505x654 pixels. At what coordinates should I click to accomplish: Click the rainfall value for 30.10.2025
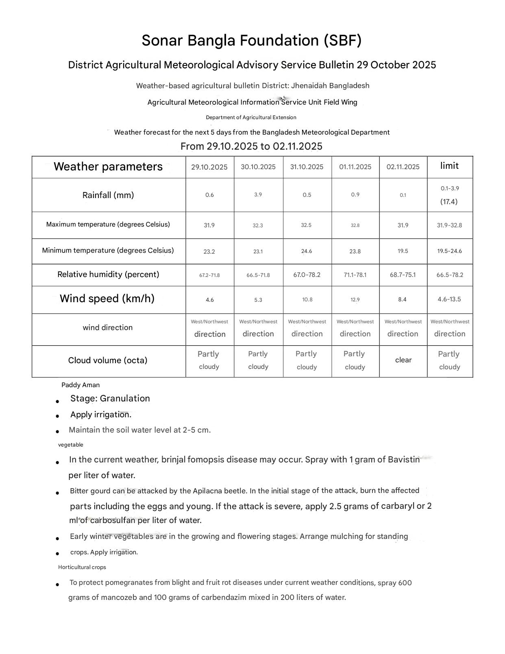click(x=258, y=195)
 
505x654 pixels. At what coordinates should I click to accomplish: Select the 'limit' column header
click(x=449, y=166)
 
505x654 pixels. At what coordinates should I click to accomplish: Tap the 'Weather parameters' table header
click(x=108, y=167)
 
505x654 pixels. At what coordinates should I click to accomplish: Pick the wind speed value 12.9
click(x=355, y=300)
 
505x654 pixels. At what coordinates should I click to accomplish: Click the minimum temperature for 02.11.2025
click(x=403, y=251)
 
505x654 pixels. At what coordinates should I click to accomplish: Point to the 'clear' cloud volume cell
click(x=403, y=360)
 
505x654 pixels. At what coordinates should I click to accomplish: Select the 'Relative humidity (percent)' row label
click(x=108, y=275)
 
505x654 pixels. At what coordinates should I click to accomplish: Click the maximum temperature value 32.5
click(x=306, y=225)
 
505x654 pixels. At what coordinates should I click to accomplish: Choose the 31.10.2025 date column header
click(x=307, y=167)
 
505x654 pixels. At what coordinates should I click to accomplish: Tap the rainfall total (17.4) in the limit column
click(x=449, y=202)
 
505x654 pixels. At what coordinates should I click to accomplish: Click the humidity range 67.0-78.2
click(x=307, y=275)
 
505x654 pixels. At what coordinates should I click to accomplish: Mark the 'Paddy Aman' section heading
click(x=81, y=385)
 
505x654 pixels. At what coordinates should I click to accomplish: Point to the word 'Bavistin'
click(x=403, y=460)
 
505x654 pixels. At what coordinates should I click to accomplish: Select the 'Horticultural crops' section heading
click(x=82, y=567)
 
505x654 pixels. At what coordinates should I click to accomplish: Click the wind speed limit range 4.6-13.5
click(x=449, y=299)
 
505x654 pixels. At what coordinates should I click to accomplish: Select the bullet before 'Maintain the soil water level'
click(x=58, y=431)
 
